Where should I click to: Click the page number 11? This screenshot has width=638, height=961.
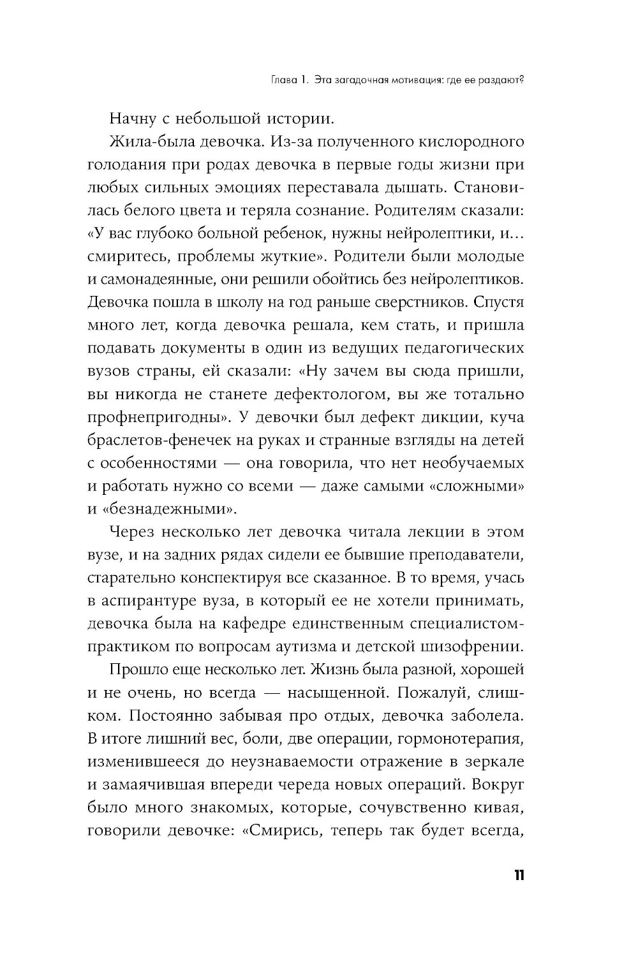[x=517, y=875]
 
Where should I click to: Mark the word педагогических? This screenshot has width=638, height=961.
[x=461, y=348]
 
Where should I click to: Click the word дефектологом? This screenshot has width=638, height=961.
[x=331, y=393]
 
